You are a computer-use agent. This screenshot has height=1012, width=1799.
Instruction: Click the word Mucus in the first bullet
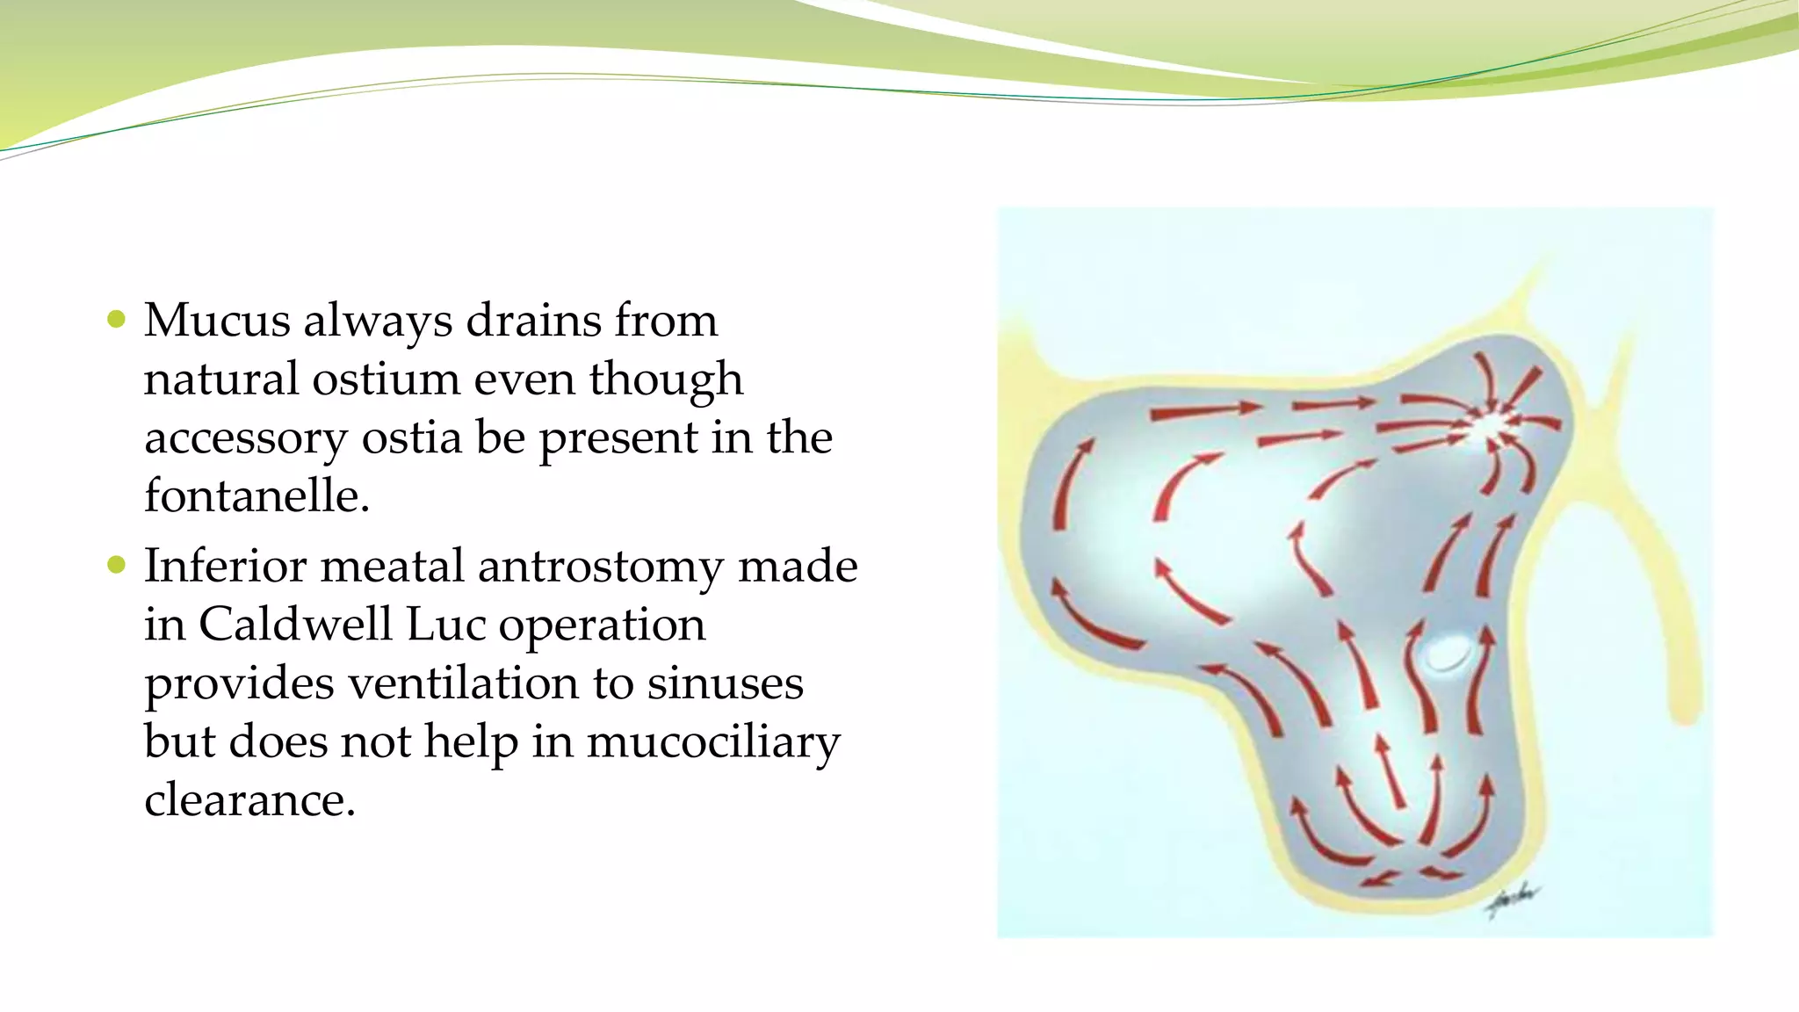pos(217,321)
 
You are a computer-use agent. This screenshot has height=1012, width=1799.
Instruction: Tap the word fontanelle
pos(256,496)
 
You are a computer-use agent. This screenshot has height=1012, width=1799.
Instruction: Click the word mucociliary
pos(712,742)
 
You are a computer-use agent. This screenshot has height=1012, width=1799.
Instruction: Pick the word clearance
pos(249,800)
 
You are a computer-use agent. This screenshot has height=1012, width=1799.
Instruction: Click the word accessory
pos(246,438)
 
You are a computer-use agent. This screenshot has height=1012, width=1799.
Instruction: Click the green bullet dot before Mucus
pos(116,319)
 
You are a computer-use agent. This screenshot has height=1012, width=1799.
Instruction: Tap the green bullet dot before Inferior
pos(116,565)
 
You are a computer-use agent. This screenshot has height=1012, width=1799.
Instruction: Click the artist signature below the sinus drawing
pos(1513,898)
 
